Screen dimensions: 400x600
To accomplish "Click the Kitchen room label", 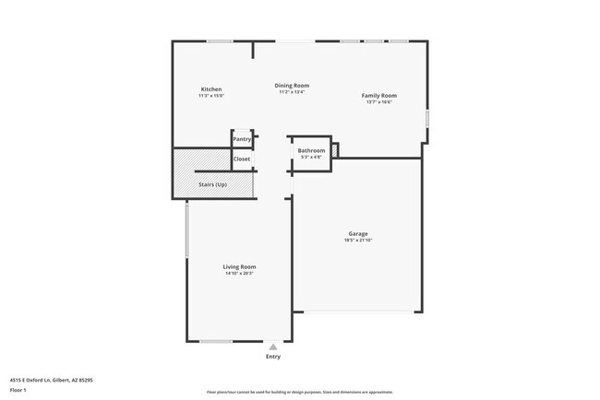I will pos(211,89).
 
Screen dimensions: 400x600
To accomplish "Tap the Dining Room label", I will pos(292,85).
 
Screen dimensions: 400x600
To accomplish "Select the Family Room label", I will pos(378,96).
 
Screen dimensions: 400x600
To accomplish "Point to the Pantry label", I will pos(242,139).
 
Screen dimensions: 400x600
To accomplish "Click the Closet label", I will pos(242,159).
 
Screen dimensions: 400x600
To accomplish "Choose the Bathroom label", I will pos(311,150).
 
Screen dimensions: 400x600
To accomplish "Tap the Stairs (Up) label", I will pos(212,184).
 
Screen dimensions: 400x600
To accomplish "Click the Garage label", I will pos(359,233).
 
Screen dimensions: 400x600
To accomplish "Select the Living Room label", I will pos(239,266).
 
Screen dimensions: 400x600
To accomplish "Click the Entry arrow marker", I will pos(272,347).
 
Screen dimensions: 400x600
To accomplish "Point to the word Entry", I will pos(273,357).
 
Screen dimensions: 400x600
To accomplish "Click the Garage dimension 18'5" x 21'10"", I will pos(359,240).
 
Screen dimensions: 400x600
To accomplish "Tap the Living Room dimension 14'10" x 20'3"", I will pos(239,273).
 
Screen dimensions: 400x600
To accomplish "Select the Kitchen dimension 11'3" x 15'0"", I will pos(211,96).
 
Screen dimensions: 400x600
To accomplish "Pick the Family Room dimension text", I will pos(378,102).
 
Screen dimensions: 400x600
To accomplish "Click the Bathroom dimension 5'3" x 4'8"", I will pos(311,157).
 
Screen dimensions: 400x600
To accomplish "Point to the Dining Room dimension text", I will pos(292,91).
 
